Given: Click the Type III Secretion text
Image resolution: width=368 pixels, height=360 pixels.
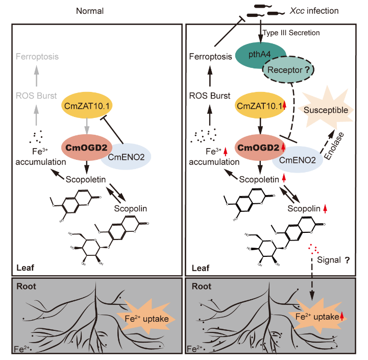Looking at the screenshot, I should click(291, 33).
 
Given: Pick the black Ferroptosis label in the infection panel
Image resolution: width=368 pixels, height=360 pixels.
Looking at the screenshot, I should click(210, 57).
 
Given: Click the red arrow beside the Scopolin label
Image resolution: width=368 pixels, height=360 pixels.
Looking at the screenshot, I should click(325, 209).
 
